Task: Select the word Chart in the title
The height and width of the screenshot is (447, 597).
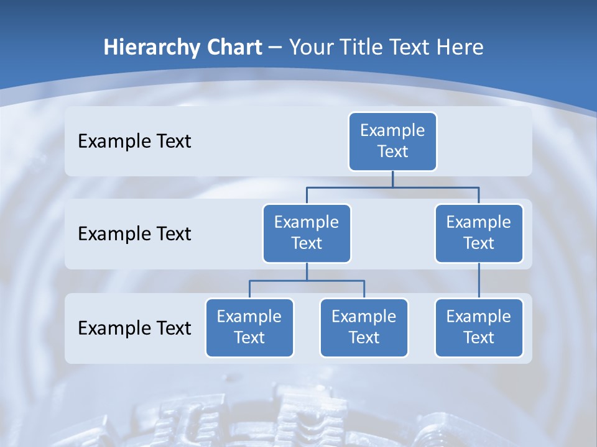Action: tap(233, 48)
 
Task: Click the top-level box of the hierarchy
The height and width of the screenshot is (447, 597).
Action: tap(392, 141)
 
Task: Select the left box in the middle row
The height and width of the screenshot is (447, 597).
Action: tap(307, 233)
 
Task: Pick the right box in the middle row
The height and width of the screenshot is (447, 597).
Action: tap(479, 233)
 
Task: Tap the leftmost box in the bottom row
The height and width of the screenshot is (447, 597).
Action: tap(249, 327)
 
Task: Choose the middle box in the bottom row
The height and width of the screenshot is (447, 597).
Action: tap(364, 327)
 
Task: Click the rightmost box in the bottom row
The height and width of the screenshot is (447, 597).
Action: tap(479, 327)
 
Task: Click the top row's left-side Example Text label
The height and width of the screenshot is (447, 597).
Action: tap(134, 141)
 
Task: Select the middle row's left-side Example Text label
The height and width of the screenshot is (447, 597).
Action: tap(134, 233)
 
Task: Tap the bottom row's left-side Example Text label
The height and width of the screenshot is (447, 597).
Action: tap(134, 328)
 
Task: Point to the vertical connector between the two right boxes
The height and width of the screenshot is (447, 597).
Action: tap(479, 281)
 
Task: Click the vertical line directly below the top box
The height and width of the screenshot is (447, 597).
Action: tap(392, 179)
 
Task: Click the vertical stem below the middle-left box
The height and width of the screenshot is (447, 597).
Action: tap(307, 271)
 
